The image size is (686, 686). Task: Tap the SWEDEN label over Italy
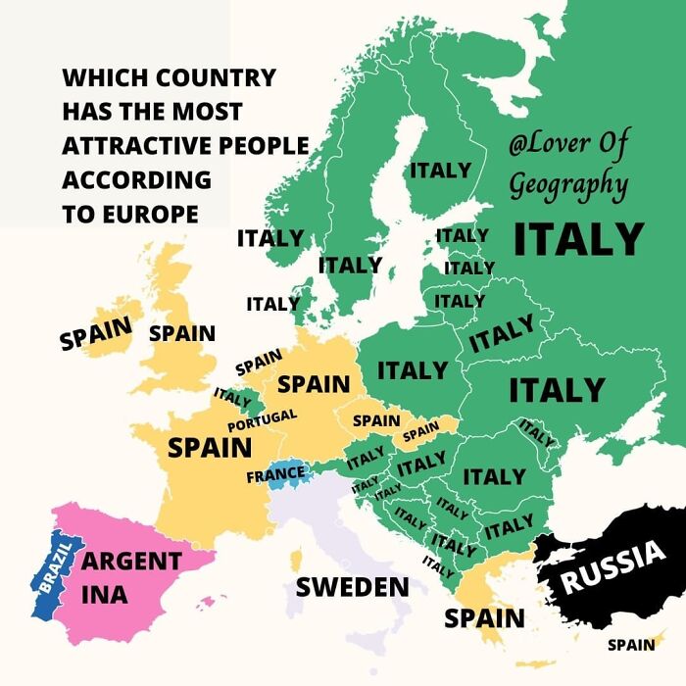coord(352,587)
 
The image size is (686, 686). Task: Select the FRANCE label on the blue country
coord(275,475)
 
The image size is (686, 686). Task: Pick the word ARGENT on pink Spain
coord(130,563)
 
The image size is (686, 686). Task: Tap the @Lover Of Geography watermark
coord(568,163)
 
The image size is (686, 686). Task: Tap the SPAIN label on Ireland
coord(95,334)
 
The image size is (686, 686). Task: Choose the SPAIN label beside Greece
coord(484,618)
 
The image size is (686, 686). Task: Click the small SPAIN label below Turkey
coord(631,644)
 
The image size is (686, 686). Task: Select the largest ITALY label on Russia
coord(578,238)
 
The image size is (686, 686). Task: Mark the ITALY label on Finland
coord(440,170)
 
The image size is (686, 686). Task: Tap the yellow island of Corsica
coord(296,562)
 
